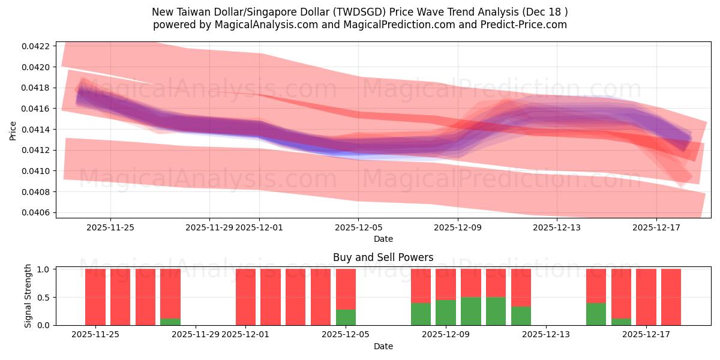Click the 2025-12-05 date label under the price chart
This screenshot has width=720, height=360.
358,227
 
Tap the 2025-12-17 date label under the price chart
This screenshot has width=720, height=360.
656,227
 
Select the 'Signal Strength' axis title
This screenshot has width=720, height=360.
28,296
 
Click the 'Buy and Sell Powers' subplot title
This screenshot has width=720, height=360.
383,257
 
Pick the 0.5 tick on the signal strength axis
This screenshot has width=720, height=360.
43,298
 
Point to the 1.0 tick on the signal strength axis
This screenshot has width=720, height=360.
43,269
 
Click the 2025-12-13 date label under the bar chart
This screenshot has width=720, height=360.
546,334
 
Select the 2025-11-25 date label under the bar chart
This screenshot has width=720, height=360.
95,334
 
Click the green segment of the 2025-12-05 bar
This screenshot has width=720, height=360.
346,317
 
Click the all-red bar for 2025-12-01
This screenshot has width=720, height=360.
245,297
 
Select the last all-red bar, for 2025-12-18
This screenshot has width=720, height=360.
671,297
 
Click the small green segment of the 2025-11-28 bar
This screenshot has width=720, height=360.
170,322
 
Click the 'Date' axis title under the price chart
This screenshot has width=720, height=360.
383,239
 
